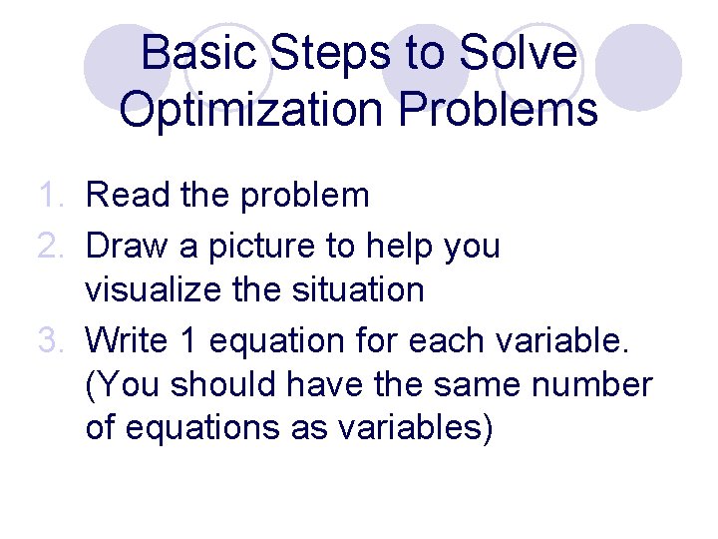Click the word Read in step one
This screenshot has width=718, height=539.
[128, 196]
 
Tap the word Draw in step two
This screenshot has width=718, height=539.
[128, 245]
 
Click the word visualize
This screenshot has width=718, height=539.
[158, 291]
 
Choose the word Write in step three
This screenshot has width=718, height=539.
[131, 341]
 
